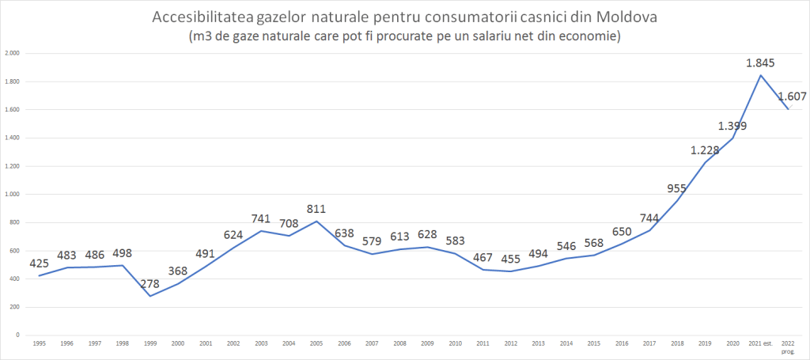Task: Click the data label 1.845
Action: pyautogui.click(x=760, y=63)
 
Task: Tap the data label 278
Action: pyautogui.click(x=150, y=282)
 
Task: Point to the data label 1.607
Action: pyautogui.click(x=792, y=97)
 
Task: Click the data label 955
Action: pyautogui.click(x=677, y=188)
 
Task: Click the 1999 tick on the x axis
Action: pyautogui.click(x=150, y=344)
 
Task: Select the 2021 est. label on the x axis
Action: pyautogui.click(x=760, y=344)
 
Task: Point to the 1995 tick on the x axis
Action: pyautogui.click(x=40, y=344)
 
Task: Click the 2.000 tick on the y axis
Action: pyautogui.click(x=12, y=54)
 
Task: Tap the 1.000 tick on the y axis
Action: pyautogui.click(x=12, y=195)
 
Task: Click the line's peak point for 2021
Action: pyautogui.click(x=760, y=75)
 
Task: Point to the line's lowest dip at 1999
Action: pyautogui.click(x=150, y=296)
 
